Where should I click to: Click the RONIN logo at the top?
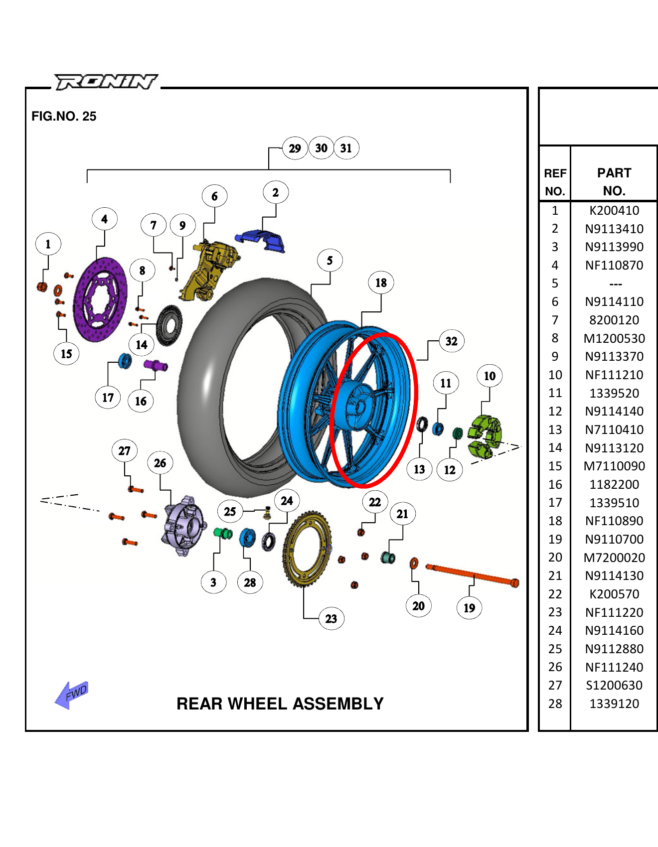click(x=106, y=82)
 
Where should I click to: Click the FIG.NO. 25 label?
click(x=64, y=116)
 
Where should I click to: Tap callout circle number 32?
click(x=451, y=341)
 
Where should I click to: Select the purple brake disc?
click(x=100, y=300)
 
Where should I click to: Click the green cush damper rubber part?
click(x=484, y=436)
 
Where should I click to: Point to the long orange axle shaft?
click(x=471, y=575)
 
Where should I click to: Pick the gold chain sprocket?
click(x=307, y=549)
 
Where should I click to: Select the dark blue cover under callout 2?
click(x=262, y=240)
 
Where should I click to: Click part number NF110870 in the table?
click(x=614, y=265)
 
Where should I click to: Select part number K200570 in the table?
click(x=614, y=594)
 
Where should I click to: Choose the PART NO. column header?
click(x=614, y=182)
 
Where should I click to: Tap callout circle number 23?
click(x=331, y=619)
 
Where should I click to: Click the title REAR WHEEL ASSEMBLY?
click(x=280, y=704)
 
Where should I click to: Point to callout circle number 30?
click(x=321, y=148)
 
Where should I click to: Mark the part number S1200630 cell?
click(x=614, y=685)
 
